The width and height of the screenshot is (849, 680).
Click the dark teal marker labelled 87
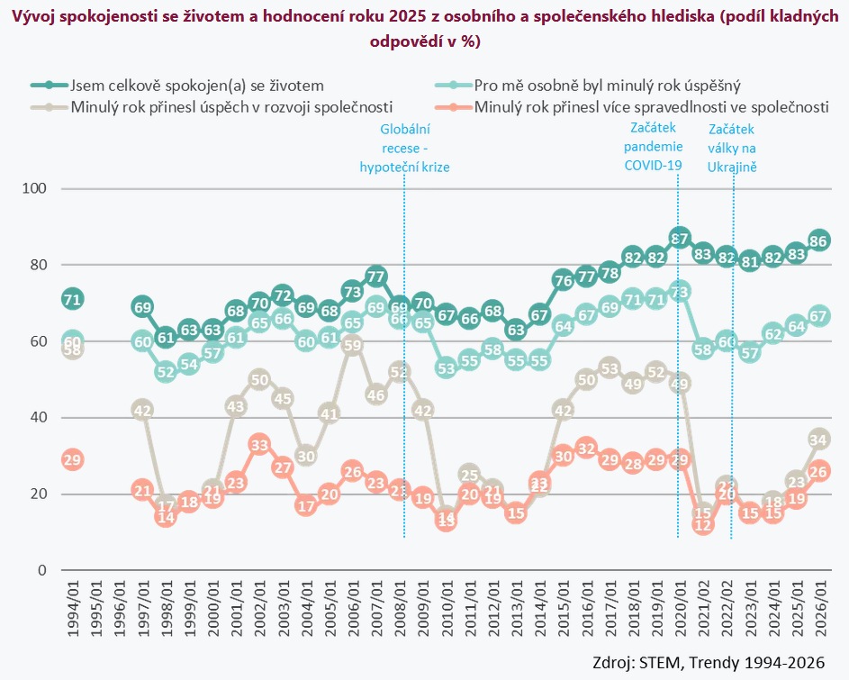680,239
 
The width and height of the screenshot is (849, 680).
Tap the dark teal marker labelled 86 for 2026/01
819,240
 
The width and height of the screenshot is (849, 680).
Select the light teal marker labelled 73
680,292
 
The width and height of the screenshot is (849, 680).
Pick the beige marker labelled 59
353,345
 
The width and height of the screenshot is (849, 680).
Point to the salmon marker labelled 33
259,444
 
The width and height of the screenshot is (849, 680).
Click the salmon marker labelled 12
703,524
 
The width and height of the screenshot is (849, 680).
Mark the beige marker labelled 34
819,440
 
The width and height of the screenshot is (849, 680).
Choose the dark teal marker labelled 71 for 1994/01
73,299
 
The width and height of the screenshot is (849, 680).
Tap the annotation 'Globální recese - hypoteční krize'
404,148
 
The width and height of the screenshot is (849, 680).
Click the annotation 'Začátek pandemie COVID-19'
654,147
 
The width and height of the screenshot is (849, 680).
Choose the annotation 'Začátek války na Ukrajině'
732,148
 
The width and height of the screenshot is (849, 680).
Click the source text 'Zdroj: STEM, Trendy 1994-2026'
709,662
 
